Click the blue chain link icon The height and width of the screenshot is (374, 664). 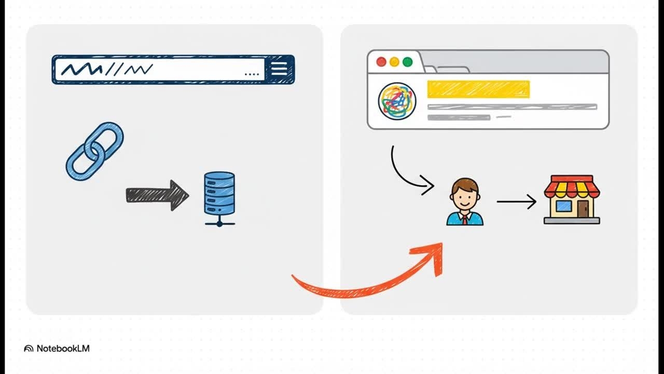point(94,151)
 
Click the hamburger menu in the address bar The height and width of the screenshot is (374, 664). point(279,69)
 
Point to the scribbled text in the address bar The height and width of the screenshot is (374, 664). point(106,69)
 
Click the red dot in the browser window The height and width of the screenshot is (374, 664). point(381,62)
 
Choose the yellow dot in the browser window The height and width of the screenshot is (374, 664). point(394,62)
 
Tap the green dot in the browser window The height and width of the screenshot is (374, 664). point(407,62)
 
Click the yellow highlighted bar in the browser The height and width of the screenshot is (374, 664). point(478,89)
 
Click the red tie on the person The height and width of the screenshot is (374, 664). point(465,219)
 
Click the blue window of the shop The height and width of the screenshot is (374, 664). point(563,206)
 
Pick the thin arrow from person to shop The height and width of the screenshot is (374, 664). point(516,202)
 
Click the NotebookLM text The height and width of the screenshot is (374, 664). point(63,349)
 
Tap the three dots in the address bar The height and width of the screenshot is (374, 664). point(251,74)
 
